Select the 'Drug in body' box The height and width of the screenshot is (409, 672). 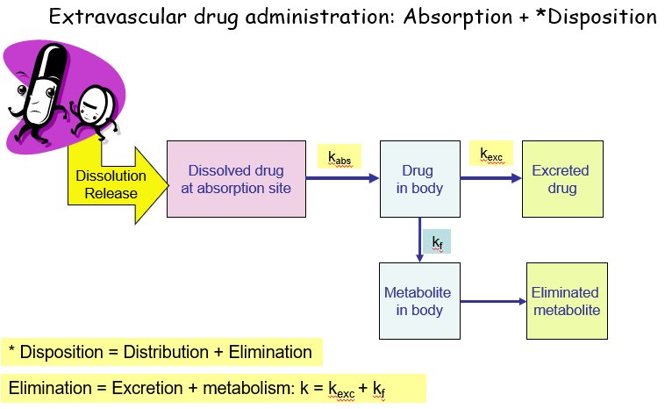(419, 178)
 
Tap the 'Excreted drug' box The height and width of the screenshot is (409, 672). (562, 178)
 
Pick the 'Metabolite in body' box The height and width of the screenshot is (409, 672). (419, 301)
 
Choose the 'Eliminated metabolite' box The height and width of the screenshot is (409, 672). (567, 301)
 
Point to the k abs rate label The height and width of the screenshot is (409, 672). (339, 157)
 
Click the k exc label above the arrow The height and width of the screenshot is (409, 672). (491, 154)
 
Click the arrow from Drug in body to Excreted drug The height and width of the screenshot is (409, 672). (490, 178)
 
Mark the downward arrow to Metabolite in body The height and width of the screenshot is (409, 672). (419, 240)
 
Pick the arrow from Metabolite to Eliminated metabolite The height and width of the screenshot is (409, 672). (493, 301)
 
